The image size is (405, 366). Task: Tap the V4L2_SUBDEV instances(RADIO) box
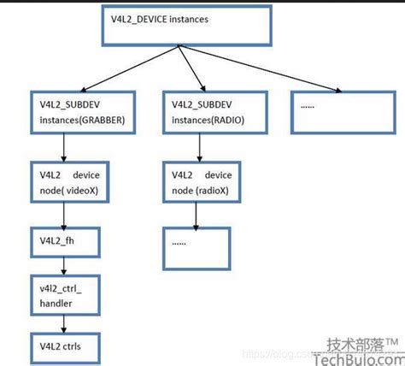point(204,110)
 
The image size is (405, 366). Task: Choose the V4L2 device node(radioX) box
point(200,180)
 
